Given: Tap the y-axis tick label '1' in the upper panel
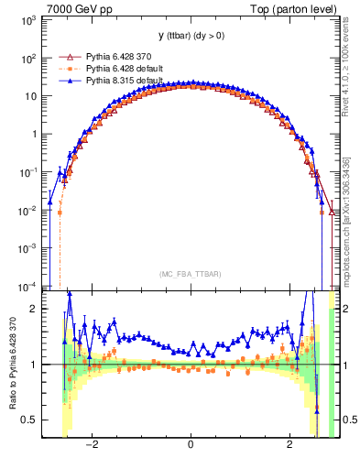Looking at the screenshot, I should (33, 134).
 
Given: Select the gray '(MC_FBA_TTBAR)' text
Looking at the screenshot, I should (191, 274).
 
